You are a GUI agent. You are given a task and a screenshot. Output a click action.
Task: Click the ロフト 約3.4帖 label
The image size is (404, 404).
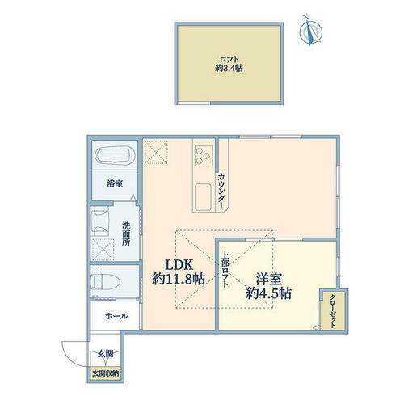click(x=229, y=63)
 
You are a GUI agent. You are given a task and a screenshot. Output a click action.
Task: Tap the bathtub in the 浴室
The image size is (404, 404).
click(x=115, y=158)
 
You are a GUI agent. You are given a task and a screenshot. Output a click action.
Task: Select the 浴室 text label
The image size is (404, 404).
click(x=115, y=183)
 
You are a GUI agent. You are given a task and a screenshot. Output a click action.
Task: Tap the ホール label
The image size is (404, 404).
click(x=116, y=316)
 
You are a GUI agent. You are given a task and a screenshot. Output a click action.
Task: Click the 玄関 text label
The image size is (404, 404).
click(x=106, y=353)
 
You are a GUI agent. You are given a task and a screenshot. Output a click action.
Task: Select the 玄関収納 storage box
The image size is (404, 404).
click(x=105, y=372)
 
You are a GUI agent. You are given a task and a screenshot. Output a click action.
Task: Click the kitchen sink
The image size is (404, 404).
click(x=202, y=196)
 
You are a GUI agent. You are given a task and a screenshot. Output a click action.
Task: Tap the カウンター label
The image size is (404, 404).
click(x=220, y=191)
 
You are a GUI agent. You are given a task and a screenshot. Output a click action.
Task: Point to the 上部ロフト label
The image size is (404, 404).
click(x=225, y=274)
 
